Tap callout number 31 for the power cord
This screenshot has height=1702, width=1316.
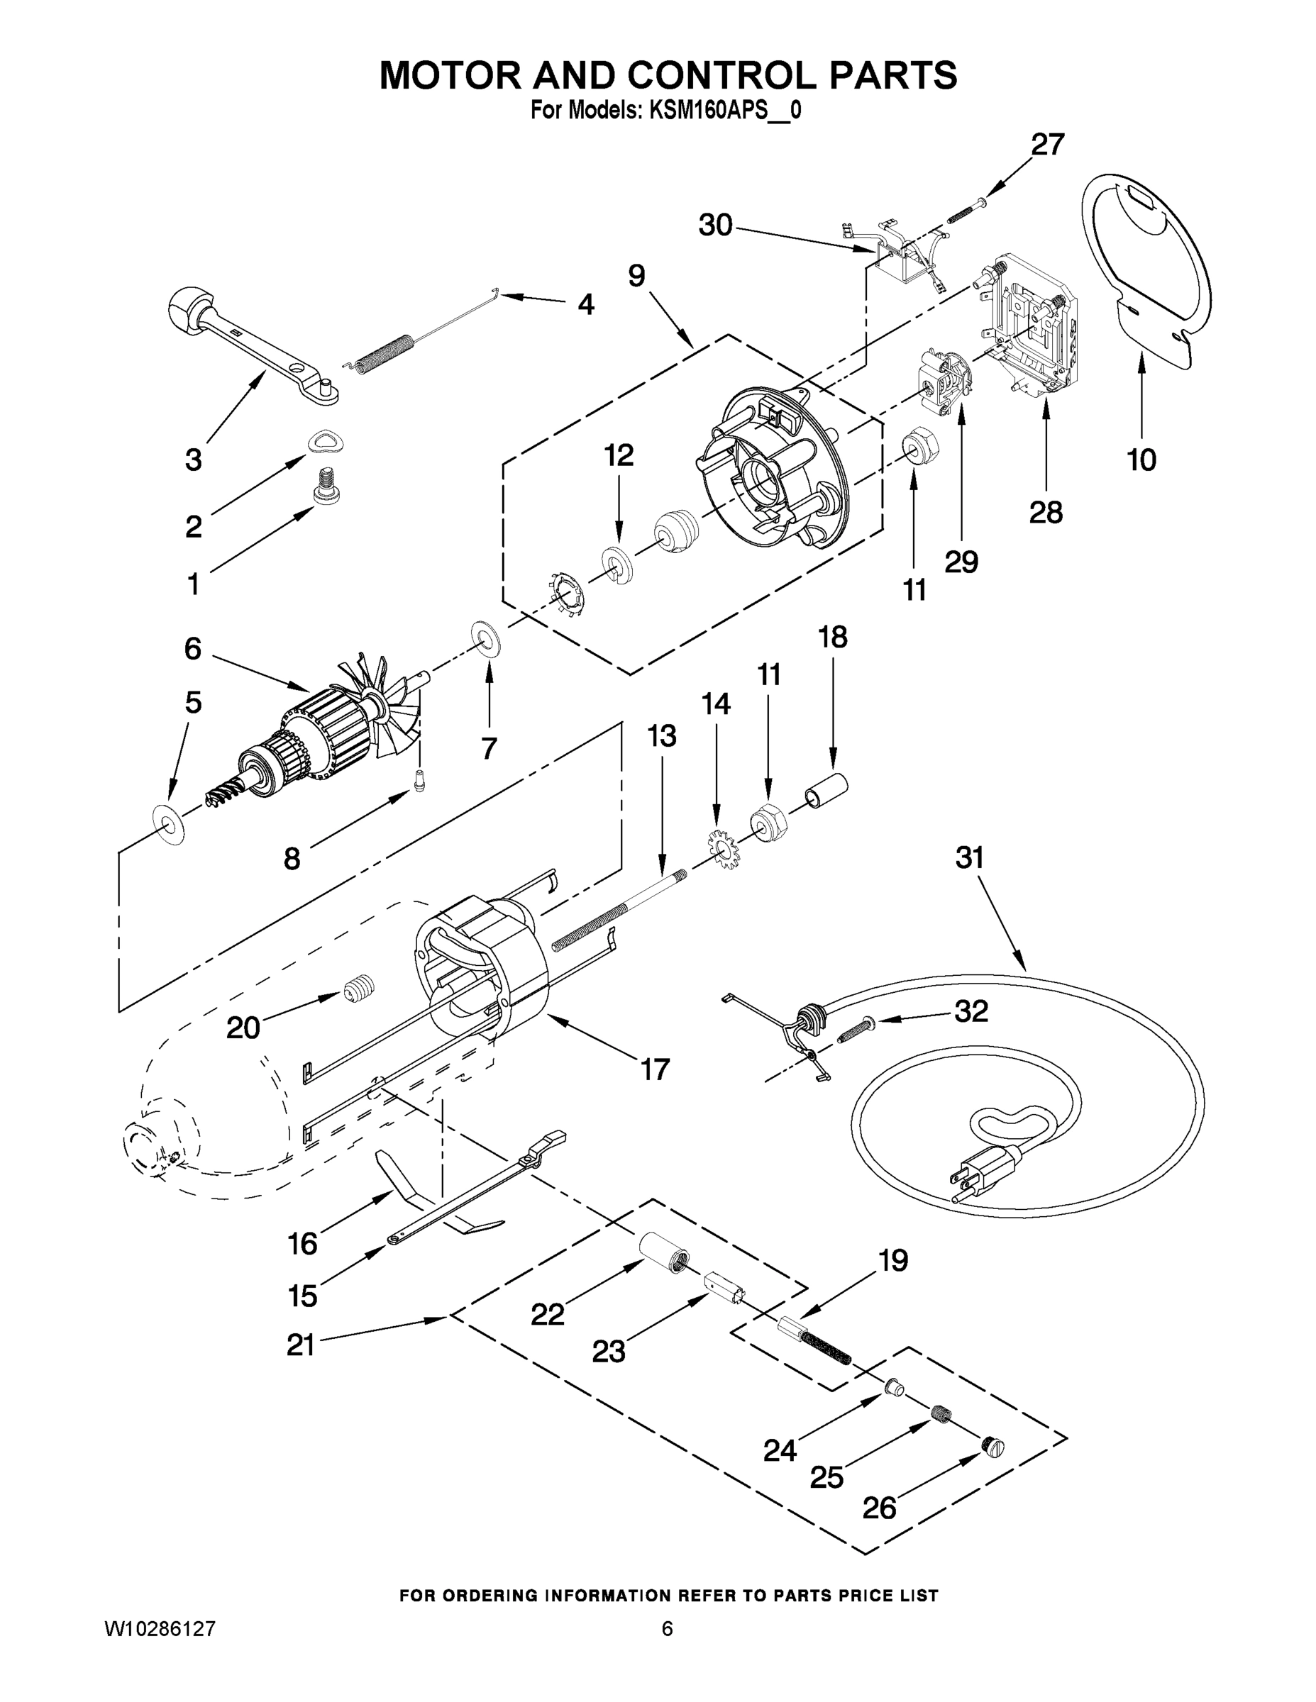tap(970, 858)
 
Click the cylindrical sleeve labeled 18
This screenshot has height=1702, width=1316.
tap(826, 789)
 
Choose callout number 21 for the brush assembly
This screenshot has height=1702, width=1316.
tap(300, 1345)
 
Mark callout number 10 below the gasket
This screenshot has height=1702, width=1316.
tap(1141, 460)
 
